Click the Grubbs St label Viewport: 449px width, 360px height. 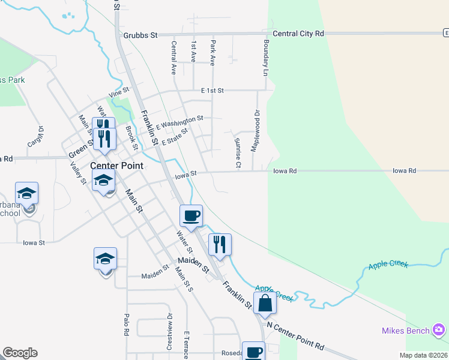click(x=140, y=35)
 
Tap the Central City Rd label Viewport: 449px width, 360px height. click(x=298, y=34)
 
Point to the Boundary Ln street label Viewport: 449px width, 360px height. click(x=265, y=58)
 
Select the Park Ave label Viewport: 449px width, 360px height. click(x=212, y=53)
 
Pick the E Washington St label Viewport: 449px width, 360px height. click(x=179, y=122)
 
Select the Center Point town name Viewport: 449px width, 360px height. click(x=116, y=166)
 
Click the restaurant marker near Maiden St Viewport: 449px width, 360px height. click(x=220, y=244)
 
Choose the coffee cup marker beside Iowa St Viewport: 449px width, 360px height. click(x=191, y=216)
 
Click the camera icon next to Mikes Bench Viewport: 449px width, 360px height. click(x=439, y=330)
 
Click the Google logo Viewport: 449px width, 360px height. click(x=20, y=353)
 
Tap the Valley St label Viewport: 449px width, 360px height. click(x=76, y=173)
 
